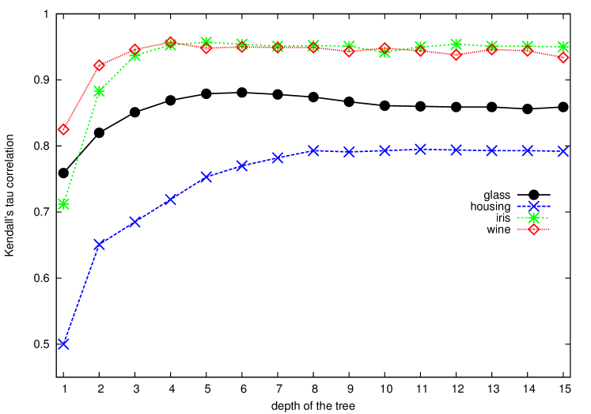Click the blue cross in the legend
pyautogui.click(x=533, y=206)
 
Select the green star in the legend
pyautogui.click(x=533, y=218)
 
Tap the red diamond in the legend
pyautogui.click(x=533, y=230)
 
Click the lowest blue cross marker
pyautogui.click(x=63, y=344)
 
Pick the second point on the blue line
pyautogui.click(x=99, y=244)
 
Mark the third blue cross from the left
pyautogui.click(x=134, y=221)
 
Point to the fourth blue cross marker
pyautogui.click(x=170, y=199)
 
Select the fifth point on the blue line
pyautogui.click(x=206, y=177)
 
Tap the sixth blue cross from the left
pyautogui.click(x=242, y=165)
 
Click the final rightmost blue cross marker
pyautogui.click(x=563, y=151)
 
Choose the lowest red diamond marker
pyautogui.click(x=63, y=129)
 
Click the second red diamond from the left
pyautogui.click(x=99, y=65)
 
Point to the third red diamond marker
pyautogui.click(x=134, y=50)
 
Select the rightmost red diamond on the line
pyautogui.click(x=563, y=57)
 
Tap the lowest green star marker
pyautogui.click(x=63, y=203)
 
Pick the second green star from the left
pyautogui.click(x=99, y=91)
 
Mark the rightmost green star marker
pyautogui.click(x=563, y=47)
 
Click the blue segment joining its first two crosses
pyautogui.click(x=81, y=294)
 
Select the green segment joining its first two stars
pyautogui.click(x=81, y=148)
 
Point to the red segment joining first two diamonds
pyautogui.click(x=81, y=97)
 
